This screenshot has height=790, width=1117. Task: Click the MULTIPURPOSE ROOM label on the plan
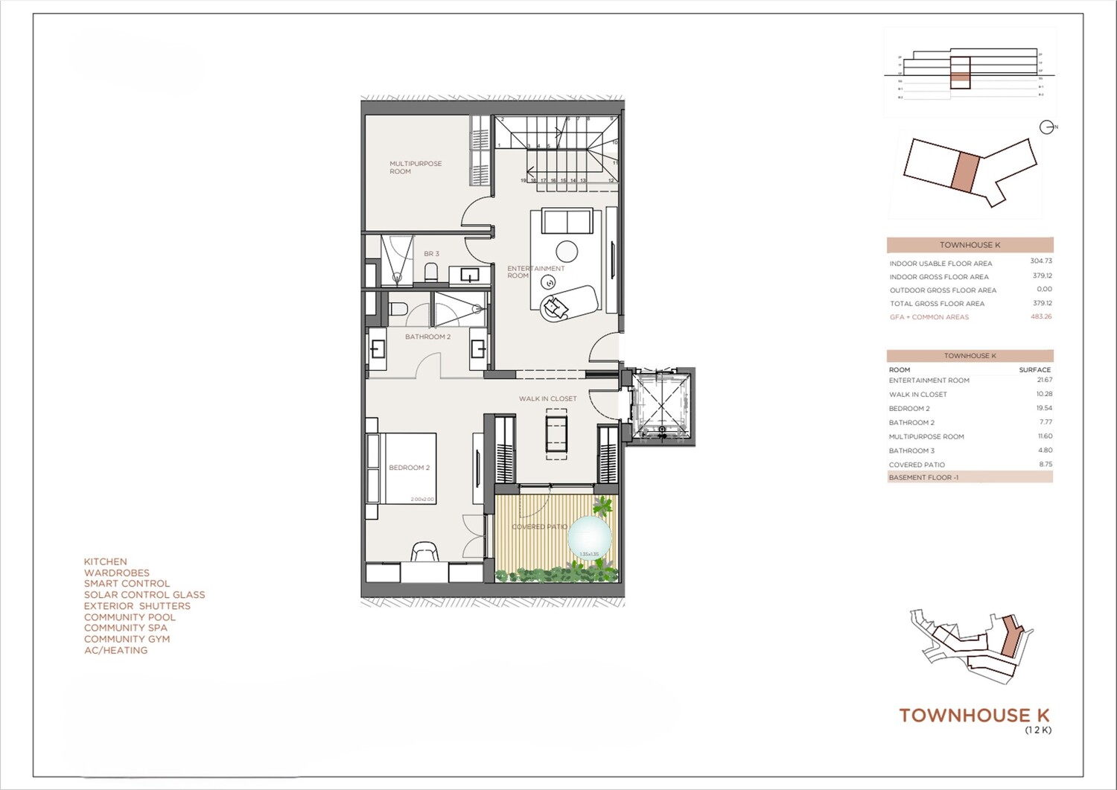(x=416, y=168)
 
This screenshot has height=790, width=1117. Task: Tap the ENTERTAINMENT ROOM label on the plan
(x=535, y=272)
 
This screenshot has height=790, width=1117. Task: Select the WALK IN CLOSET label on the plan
(x=547, y=398)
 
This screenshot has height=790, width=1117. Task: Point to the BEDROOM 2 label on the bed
(x=409, y=468)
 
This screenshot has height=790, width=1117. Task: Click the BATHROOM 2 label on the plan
(x=427, y=337)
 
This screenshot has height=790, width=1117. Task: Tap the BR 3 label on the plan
(x=431, y=254)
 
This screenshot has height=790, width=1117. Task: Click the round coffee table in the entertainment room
(x=567, y=251)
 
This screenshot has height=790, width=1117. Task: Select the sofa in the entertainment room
(x=567, y=222)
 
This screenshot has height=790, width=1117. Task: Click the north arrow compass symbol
(x=1047, y=127)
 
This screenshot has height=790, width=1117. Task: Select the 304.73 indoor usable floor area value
(x=1040, y=261)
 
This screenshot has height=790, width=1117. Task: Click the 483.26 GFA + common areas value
(x=1040, y=316)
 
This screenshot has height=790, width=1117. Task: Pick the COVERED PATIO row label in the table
(x=917, y=465)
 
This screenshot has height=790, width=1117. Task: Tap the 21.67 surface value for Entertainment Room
(x=1044, y=380)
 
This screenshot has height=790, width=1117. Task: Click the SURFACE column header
(x=1034, y=369)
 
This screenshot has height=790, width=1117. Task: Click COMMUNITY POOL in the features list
(x=130, y=617)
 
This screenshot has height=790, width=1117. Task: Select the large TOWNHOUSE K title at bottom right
(x=974, y=716)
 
